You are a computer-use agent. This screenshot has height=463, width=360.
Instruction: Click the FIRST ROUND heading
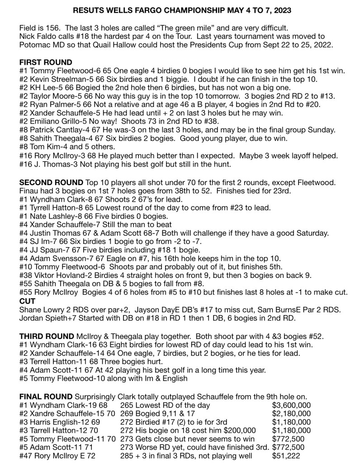coord(46,62)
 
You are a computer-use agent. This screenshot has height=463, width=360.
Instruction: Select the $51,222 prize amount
coord(287,454)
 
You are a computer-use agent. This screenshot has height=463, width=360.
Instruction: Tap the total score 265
coord(128,406)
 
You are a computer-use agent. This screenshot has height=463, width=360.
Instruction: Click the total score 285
coord(128,454)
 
